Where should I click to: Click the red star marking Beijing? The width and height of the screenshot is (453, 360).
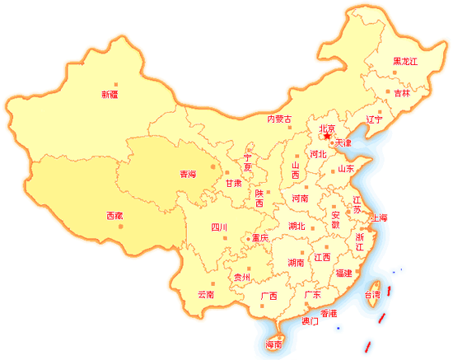click(327, 137)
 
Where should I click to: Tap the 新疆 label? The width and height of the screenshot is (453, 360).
click(110, 94)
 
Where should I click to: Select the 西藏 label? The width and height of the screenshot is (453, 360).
click(114, 216)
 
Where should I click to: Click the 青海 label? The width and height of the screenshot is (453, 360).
click(188, 174)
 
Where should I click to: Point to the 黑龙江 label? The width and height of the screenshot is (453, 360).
click(405, 62)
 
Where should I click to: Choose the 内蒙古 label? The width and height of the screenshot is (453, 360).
click(279, 119)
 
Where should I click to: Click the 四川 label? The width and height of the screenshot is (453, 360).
click(218, 227)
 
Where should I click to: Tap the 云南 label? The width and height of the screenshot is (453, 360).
click(206, 294)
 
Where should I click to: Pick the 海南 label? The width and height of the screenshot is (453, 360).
click(273, 344)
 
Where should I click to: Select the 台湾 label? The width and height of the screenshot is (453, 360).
click(373, 294)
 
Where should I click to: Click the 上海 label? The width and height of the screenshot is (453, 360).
click(379, 217)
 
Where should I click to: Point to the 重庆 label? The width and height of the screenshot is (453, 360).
click(260, 238)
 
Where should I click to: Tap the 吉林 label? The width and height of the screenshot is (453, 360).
click(402, 94)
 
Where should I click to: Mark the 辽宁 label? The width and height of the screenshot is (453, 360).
click(375, 119)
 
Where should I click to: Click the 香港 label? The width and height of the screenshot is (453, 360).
click(329, 313)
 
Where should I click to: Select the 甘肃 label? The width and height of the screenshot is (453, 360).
click(234, 183)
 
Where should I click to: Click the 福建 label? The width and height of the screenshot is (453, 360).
click(343, 273)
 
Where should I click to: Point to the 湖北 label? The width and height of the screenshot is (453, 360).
click(297, 226)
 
